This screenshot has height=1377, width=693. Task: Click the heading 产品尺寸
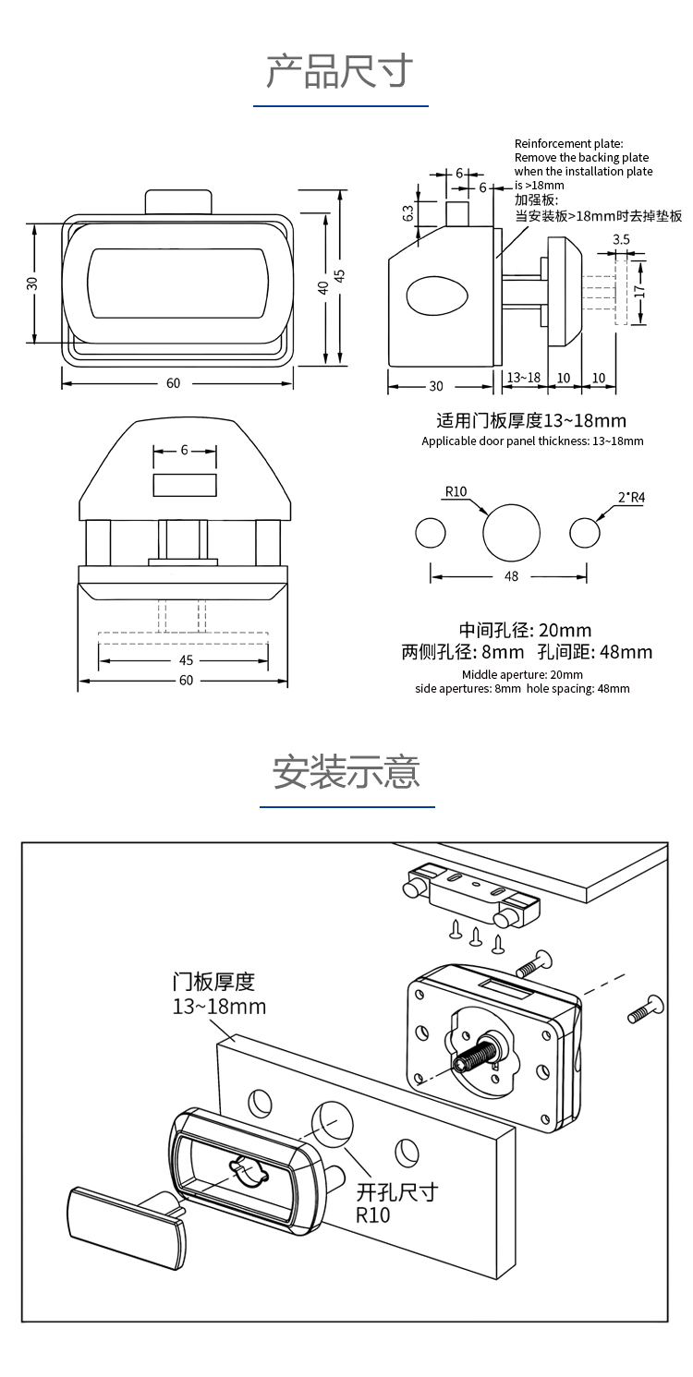pos(340,71)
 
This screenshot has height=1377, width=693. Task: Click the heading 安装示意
pos(346,772)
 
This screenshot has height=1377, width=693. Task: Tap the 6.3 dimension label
pos(408,213)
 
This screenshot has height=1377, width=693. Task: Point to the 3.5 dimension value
pos(622,239)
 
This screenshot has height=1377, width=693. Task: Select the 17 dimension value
pos(638,290)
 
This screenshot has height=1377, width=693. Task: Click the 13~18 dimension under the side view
pos(524,378)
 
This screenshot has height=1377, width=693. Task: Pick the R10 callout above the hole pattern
pos(456,491)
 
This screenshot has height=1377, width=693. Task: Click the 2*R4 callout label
pos(630,498)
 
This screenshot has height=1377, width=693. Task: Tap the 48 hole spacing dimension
pos(511,576)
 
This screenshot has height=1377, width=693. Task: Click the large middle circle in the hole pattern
pos(512,533)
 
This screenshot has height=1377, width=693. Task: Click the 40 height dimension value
pos(322,287)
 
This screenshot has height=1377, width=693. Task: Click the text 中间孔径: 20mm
pos(526,631)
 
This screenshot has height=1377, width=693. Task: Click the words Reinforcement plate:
pos(568,143)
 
